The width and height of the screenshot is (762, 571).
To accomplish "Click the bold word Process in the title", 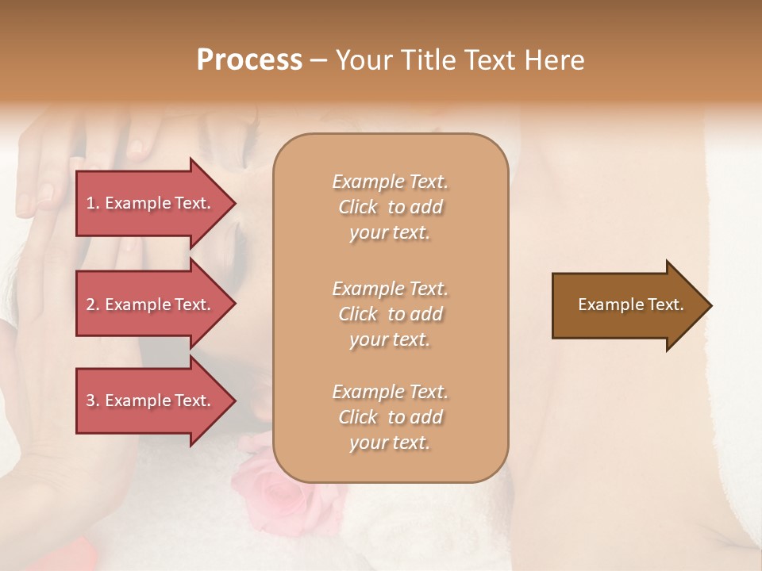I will pyautogui.click(x=249, y=60).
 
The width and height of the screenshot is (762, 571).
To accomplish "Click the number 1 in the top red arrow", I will pyautogui.click(x=91, y=203).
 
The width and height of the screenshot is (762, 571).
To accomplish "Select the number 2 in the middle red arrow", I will pyautogui.click(x=91, y=305).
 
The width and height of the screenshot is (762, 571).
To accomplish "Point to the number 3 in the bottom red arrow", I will pyautogui.click(x=91, y=400).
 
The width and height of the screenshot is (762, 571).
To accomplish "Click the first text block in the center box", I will pyautogui.click(x=390, y=207).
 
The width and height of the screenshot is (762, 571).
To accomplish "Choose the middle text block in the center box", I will pyautogui.click(x=390, y=314).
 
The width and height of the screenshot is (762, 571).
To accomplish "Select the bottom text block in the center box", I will pyautogui.click(x=390, y=417).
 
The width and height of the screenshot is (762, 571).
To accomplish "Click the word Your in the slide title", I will pyautogui.click(x=364, y=60).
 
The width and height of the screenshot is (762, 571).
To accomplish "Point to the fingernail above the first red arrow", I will pyautogui.click(x=137, y=147).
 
